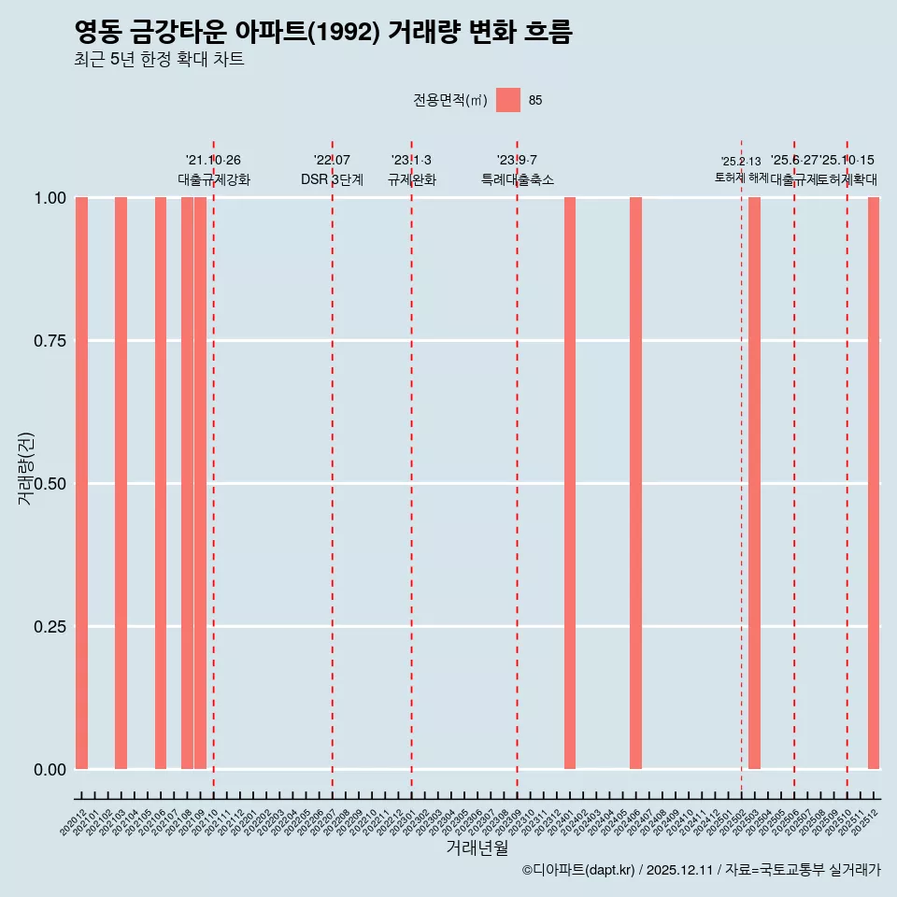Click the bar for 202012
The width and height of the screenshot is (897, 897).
point(81,483)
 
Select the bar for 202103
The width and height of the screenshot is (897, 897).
point(121,483)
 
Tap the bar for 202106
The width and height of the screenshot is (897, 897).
point(161,483)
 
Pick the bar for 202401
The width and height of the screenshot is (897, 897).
point(570,483)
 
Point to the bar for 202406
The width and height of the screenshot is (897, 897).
point(635,483)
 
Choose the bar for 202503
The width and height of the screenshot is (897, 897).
point(754,483)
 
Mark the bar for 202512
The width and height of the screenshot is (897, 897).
point(874,483)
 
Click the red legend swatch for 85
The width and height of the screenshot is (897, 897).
point(508,100)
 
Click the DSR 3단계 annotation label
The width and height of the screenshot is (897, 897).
point(332,179)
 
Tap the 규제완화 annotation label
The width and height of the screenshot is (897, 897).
point(411,179)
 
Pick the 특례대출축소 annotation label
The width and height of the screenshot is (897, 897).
point(517,179)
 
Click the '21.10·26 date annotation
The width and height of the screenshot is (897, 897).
point(213,161)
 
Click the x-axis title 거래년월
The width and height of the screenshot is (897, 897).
point(477,848)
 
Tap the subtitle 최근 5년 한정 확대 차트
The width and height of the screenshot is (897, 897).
point(159,60)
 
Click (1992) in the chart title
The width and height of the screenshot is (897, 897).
point(355,32)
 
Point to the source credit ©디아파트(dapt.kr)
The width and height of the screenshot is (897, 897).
point(579,870)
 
